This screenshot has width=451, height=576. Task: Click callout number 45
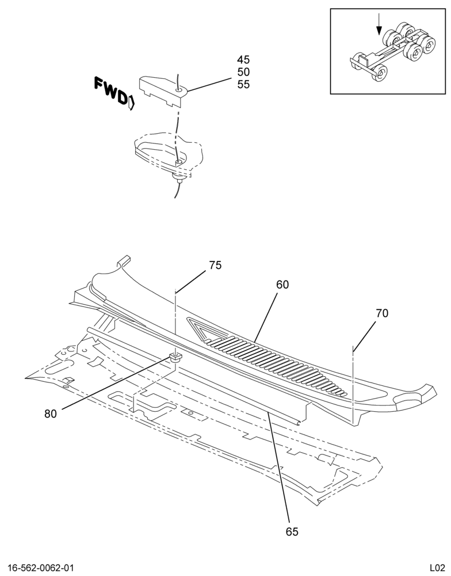point(243,59)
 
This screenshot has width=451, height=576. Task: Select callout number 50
point(243,71)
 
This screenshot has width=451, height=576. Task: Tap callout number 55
point(243,84)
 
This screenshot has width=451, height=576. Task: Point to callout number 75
point(215,265)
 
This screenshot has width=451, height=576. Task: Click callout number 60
point(282,285)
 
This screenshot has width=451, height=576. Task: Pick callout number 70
point(382,313)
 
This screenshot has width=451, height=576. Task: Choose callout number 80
point(51,414)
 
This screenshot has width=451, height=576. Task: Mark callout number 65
point(292,532)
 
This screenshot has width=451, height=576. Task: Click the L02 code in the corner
point(438,567)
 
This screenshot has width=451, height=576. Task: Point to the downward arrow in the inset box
point(379,25)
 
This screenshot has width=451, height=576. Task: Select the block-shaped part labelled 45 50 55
point(163,91)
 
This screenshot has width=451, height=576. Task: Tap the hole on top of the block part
point(179,89)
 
